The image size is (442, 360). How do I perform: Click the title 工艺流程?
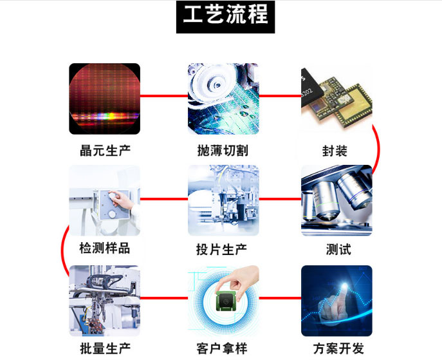[226, 14]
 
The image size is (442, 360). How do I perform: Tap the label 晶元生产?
[105, 151]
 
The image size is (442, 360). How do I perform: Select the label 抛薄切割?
[223, 151]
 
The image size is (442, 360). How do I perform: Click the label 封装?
[335, 151]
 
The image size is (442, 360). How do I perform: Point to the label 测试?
[338, 250]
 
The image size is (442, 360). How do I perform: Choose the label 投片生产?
[221, 250]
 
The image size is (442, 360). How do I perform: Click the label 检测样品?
[105, 249]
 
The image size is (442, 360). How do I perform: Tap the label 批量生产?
[105, 348]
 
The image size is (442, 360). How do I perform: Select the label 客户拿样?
[222, 348]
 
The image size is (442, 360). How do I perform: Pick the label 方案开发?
[338, 348]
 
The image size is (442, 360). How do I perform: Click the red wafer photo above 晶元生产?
[105, 99]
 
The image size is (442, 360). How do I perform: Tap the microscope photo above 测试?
[336, 200]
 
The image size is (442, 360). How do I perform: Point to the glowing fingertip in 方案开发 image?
[344, 287]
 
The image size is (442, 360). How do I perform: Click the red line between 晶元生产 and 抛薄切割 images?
[164, 96]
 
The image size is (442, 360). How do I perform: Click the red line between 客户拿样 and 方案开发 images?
[280, 298]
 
